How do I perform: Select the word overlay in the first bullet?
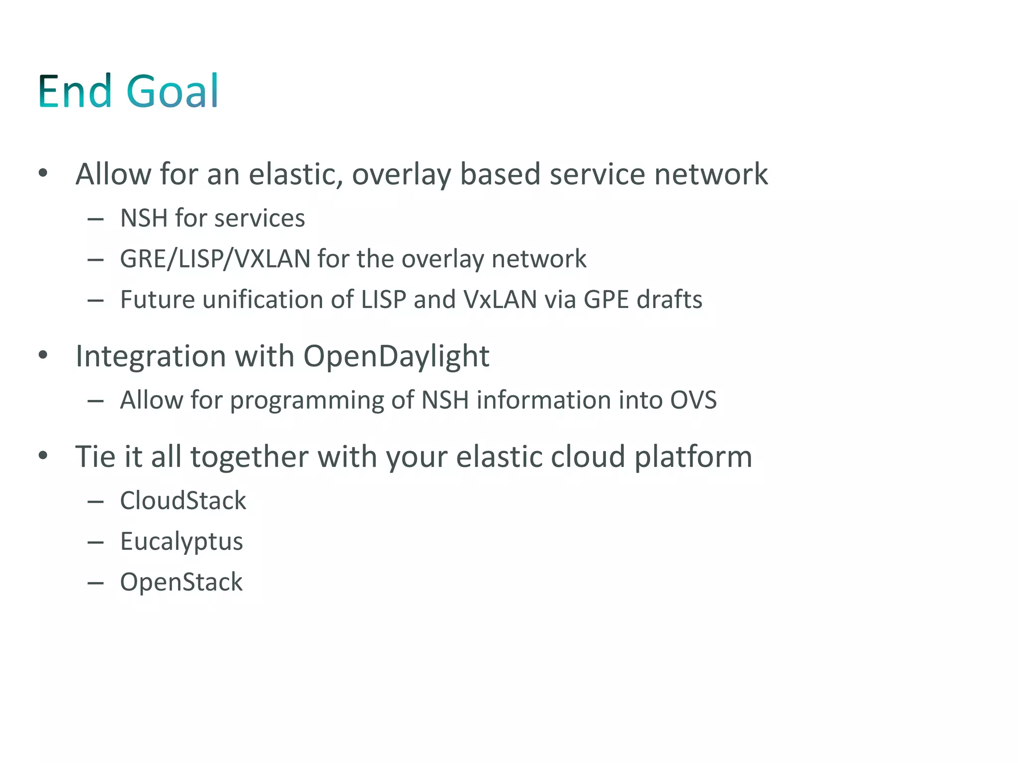click(x=401, y=174)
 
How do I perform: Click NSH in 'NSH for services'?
click(x=144, y=218)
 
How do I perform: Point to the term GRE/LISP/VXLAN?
click(x=215, y=259)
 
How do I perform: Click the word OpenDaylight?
click(x=396, y=357)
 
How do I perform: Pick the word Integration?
click(x=151, y=357)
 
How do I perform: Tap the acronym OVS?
click(x=693, y=400)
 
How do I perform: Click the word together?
click(x=250, y=457)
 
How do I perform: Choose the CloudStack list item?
click(x=183, y=500)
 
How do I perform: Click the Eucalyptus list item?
click(x=181, y=541)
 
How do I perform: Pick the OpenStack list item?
click(x=181, y=582)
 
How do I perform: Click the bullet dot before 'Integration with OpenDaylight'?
click(x=43, y=355)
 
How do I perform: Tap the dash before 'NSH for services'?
click(x=95, y=219)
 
